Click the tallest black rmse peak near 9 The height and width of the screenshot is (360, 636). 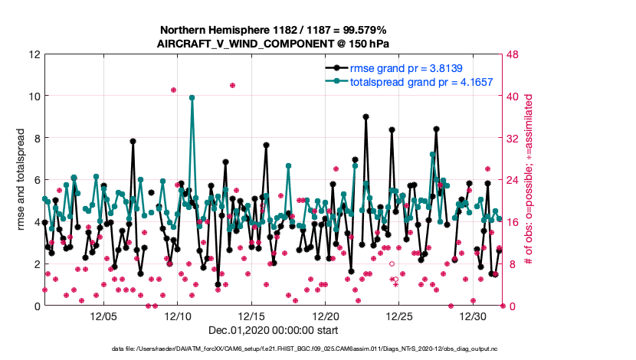(366, 117)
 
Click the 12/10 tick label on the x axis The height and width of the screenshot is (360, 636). (178, 316)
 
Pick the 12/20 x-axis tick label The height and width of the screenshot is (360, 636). (326, 316)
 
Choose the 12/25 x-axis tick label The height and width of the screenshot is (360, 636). (400, 316)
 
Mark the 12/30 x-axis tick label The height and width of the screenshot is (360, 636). (474, 316)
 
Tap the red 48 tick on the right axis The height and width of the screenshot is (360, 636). (515, 54)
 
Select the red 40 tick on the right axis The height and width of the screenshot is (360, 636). (515, 97)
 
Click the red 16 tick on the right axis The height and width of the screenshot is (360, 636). (515, 222)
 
